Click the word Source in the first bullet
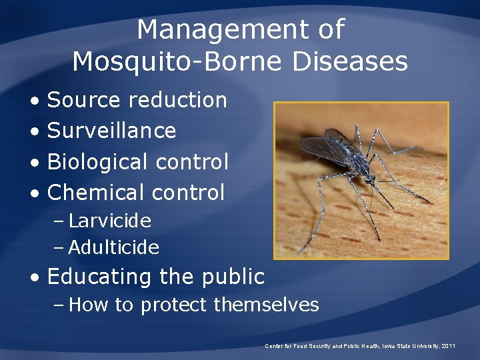84,101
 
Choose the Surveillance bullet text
112,131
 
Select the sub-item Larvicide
109,221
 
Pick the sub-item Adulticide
113,248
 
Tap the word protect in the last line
175,305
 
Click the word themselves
266,305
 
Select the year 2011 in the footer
449,346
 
